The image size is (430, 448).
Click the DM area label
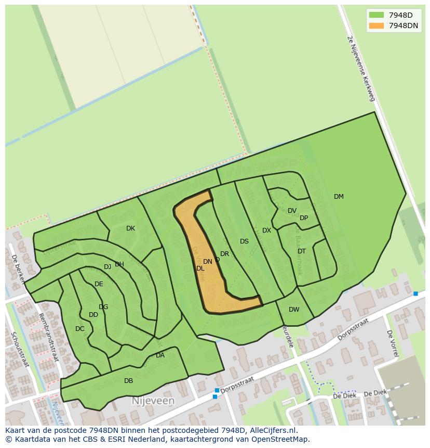pyautogui.click(x=339, y=197)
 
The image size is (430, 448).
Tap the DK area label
pyautogui.click(x=130, y=228)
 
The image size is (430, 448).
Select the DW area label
pyautogui.click(x=294, y=310)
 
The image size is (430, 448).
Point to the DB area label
pyautogui.click(x=128, y=381)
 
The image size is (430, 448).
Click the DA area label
pyautogui.click(x=160, y=355)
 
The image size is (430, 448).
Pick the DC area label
pyautogui.click(x=79, y=329)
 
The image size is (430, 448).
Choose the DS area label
pyautogui.click(x=244, y=241)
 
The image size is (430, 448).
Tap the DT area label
pyautogui.click(x=302, y=251)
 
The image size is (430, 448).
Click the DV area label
pyautogui.click(x=292, y=211)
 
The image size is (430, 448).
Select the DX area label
pyautogui.click(x=266, y=231)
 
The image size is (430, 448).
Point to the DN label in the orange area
pyautogui.click(x=207, y=262)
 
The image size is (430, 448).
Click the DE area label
pyautogui.click(x=99, y=284)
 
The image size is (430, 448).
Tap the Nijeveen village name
pyautogui.click(x=153, y=401)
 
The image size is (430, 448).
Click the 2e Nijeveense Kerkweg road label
pyautogui.click(x=360, y=68)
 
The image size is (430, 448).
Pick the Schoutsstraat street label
pyautogui.click(x=21, y=349)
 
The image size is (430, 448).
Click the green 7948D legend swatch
pyautogui.click(x=377, y=15)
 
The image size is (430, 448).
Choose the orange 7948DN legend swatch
pyautogui.click(x=377, y=25)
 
